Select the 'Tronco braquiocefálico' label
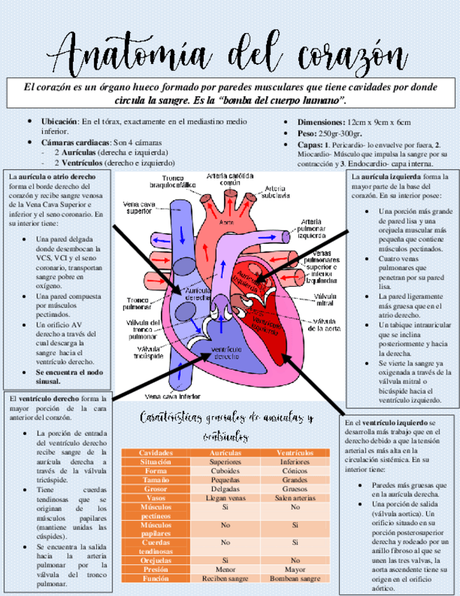point(172,181)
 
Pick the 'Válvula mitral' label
point(325,300)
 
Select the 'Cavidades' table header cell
point(155,453)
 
